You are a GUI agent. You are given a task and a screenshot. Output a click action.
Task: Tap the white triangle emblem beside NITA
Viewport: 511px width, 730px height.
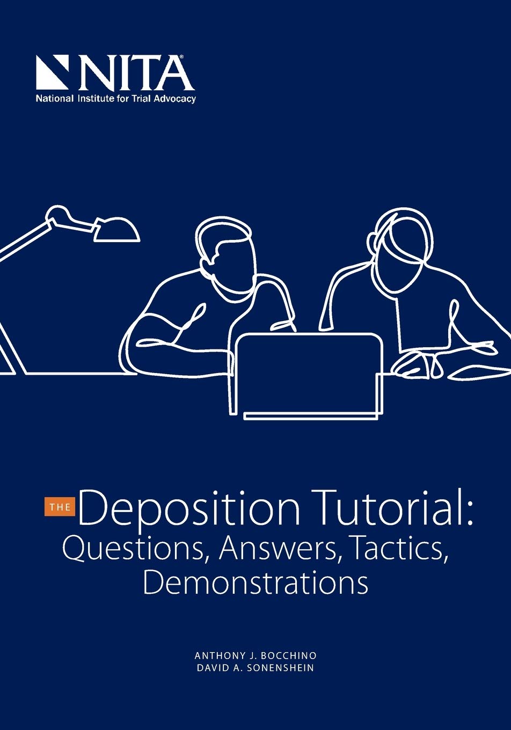pos(52,72)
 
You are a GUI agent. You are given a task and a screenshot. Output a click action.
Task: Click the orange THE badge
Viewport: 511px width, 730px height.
pos(60,507)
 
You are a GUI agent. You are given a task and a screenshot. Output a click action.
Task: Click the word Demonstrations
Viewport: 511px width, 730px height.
pos(255,582)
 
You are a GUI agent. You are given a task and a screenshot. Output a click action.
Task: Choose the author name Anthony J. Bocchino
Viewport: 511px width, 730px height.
pos(255,656)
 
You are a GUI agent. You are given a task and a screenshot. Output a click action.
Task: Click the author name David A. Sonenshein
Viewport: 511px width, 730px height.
pos(255,668)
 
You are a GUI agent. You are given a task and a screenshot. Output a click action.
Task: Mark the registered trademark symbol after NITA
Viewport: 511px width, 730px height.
pos(181,56)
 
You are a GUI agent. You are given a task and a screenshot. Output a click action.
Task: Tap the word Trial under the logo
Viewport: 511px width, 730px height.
pos(141,99)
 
